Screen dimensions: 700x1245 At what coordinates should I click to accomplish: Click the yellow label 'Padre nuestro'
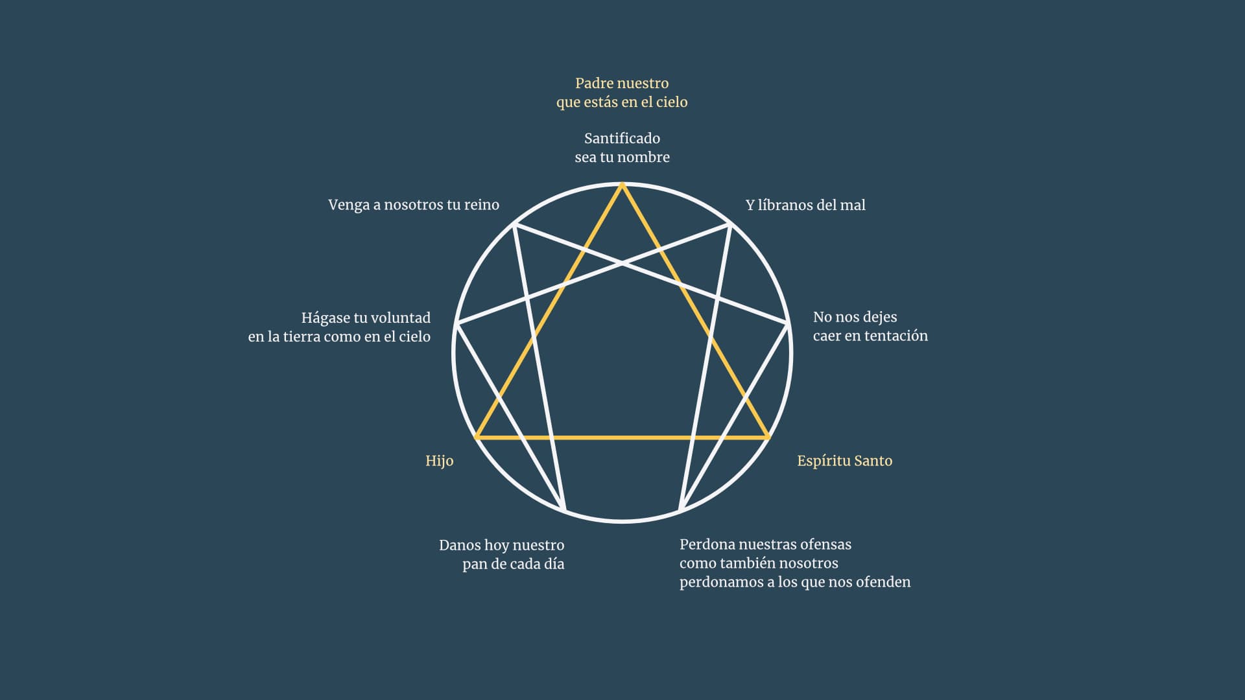pos(622,84)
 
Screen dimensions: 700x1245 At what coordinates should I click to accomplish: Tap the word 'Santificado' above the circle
pos(622,139)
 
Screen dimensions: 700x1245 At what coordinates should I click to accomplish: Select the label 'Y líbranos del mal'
pos(805,205)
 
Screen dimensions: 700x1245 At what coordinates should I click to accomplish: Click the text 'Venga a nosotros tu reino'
pos(414,205)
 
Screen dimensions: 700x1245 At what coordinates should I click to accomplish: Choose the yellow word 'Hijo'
pos(439,461)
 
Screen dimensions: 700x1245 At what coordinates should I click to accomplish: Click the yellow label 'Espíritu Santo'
pos(844,461)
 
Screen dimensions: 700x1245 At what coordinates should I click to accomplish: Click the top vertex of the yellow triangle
pos(622,185)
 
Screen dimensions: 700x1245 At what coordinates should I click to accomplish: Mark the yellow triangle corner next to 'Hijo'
pos(477,438)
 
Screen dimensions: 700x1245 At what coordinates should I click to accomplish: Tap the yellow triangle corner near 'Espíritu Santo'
pos(768,438)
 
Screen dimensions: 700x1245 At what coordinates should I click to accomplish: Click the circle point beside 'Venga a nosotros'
pos(514,224)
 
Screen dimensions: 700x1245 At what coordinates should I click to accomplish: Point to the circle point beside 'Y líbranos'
pos(730,224)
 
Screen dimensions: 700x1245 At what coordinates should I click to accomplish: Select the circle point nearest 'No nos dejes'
pos(788,323)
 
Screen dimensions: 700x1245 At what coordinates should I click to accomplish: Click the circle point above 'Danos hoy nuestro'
pos(564,511)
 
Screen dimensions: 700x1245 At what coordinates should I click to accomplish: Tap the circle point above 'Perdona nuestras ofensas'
pos(680,511)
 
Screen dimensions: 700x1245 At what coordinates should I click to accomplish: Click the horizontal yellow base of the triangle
pos(622,438)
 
